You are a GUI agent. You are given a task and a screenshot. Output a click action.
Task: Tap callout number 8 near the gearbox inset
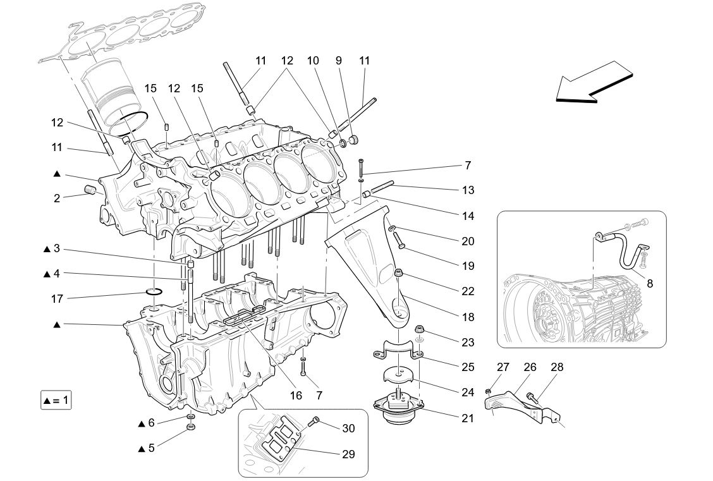649,284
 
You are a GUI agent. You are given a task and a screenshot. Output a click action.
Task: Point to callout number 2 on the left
57,198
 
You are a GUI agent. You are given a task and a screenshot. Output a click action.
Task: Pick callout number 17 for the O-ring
57,298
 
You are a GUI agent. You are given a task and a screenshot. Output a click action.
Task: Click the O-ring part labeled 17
154,291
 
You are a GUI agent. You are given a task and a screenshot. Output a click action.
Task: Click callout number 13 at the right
467,190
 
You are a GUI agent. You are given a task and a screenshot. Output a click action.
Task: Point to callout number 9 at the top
339,61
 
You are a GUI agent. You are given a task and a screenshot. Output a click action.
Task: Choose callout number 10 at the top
313,61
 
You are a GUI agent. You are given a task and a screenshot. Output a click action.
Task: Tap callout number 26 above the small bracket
530,367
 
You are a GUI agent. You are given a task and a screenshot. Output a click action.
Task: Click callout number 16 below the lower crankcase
296,396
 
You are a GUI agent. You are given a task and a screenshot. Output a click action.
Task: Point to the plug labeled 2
90,190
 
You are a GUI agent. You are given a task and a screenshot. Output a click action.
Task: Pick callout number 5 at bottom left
151,448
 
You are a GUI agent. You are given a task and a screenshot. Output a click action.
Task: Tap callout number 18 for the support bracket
467,317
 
